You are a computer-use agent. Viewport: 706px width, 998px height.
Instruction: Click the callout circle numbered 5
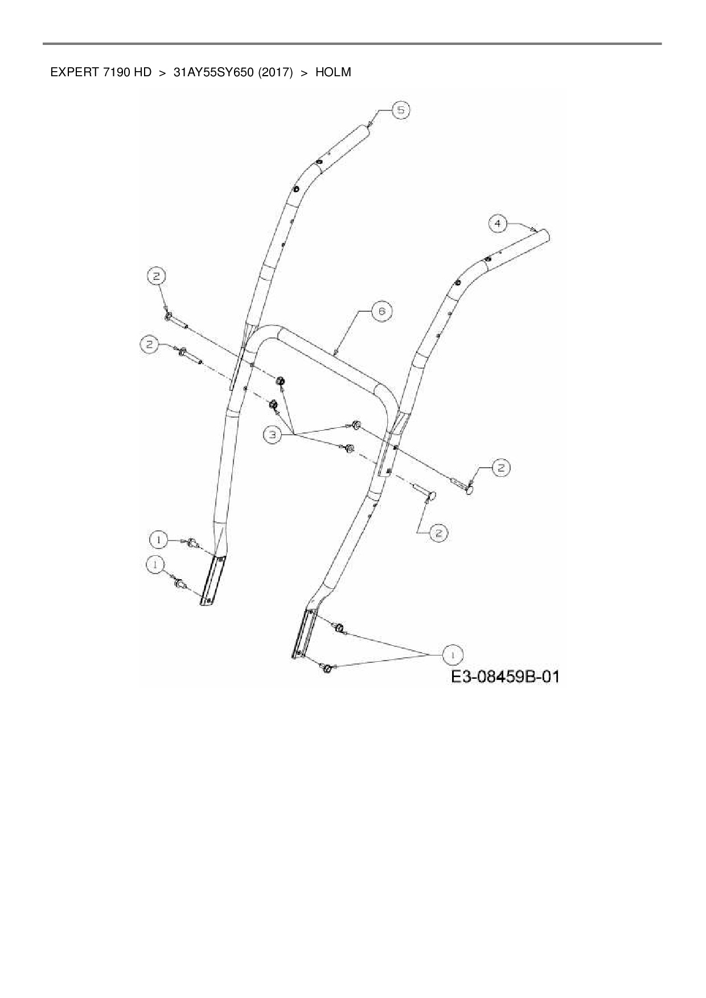pyautogui.click(x=401, y=110)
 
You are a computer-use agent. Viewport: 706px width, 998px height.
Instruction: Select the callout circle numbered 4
pyautogui.click(x=498, y=224)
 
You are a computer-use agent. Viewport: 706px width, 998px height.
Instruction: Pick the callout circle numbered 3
pyautogui.click(x=273, y=435)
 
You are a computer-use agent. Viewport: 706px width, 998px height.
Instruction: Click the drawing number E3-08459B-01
pyautogui.click(x=505, y=677)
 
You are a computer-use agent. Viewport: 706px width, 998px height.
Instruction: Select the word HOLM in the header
pyautogui.click(x=333, y=72)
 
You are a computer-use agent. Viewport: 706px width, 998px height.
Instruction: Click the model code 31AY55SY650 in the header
pyautogui.click(x=213, y=72)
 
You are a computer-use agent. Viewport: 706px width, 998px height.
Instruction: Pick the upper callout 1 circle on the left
pyautogui.click(x=159, y=538)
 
